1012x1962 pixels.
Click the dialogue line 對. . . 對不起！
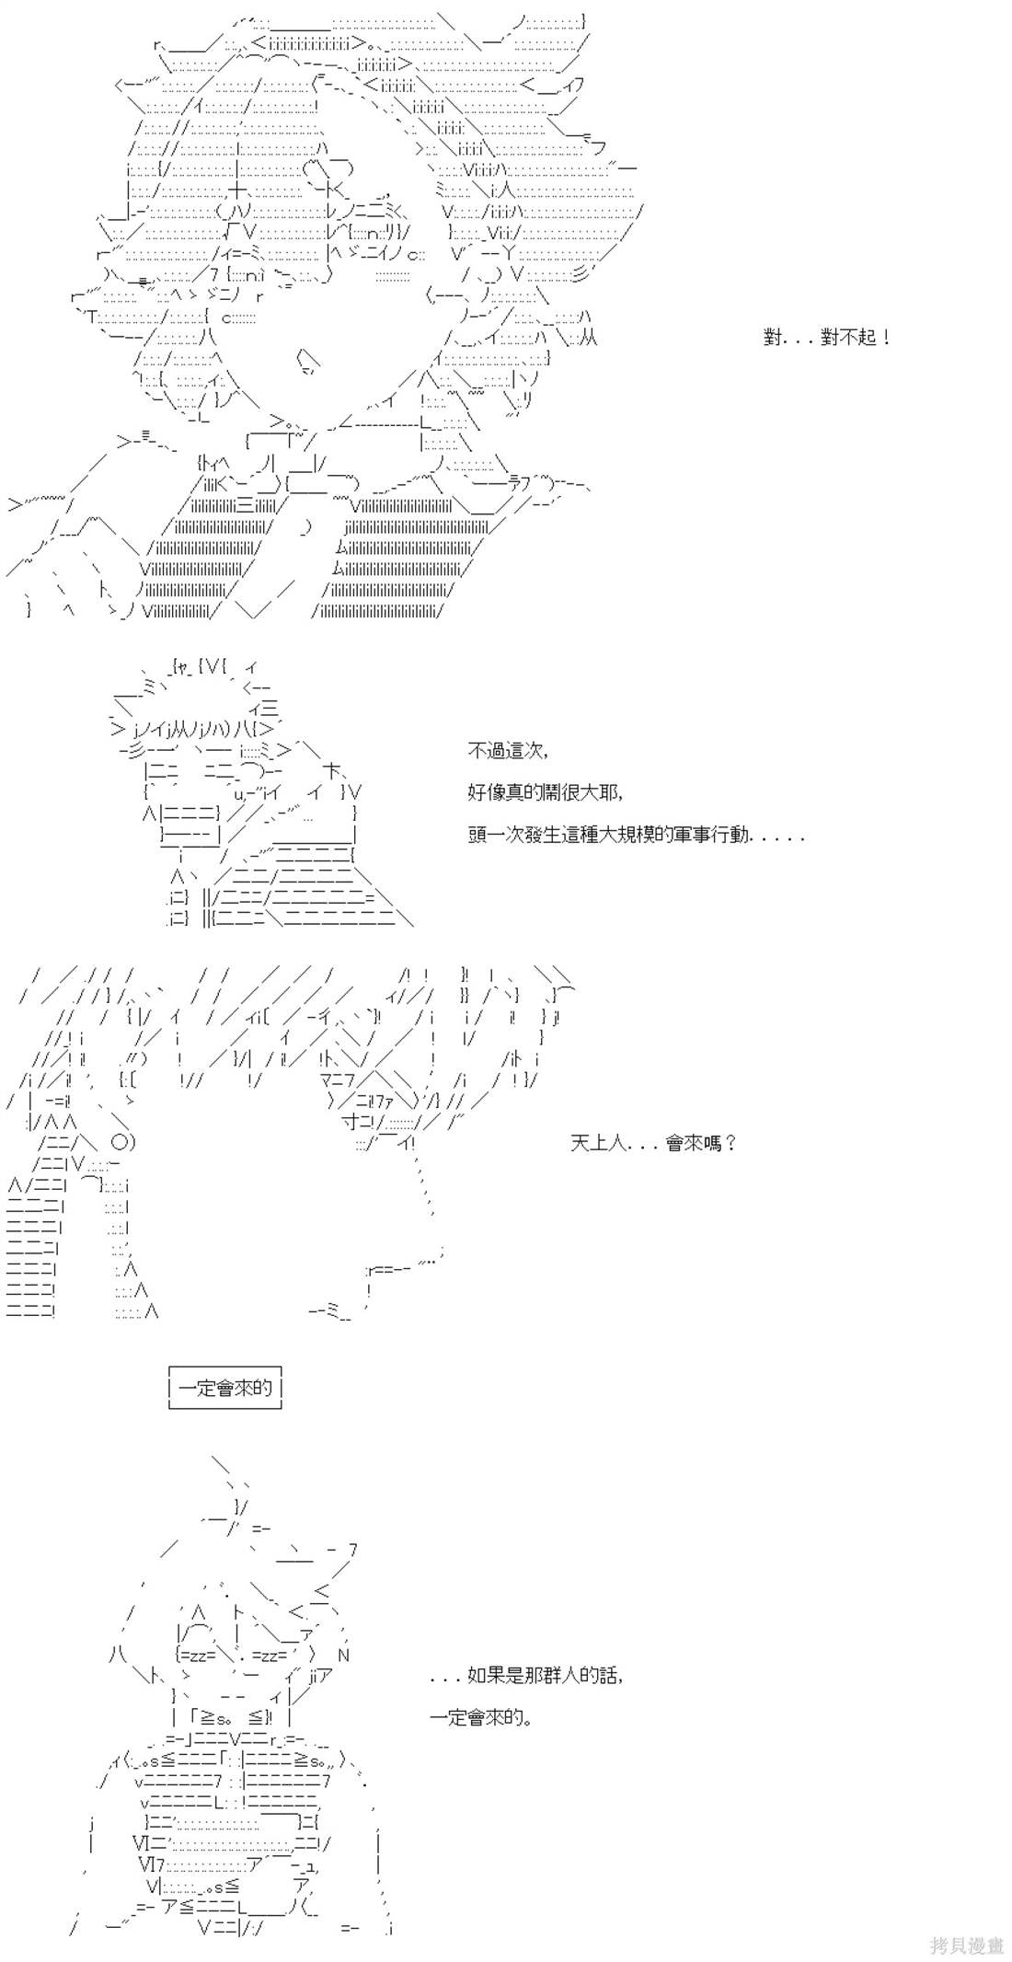826,337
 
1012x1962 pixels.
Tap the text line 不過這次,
508,751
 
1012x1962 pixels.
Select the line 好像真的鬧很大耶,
546,792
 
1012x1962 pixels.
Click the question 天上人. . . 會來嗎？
653,1143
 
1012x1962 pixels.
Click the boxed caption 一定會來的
225,1388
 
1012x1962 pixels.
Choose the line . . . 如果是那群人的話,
526,1676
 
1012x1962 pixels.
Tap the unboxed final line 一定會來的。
481,1717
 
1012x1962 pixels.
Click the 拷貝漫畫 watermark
966,1945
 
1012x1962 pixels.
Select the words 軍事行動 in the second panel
710,836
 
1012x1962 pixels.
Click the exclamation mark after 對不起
885,337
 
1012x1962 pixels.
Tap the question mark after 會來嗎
730,1143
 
